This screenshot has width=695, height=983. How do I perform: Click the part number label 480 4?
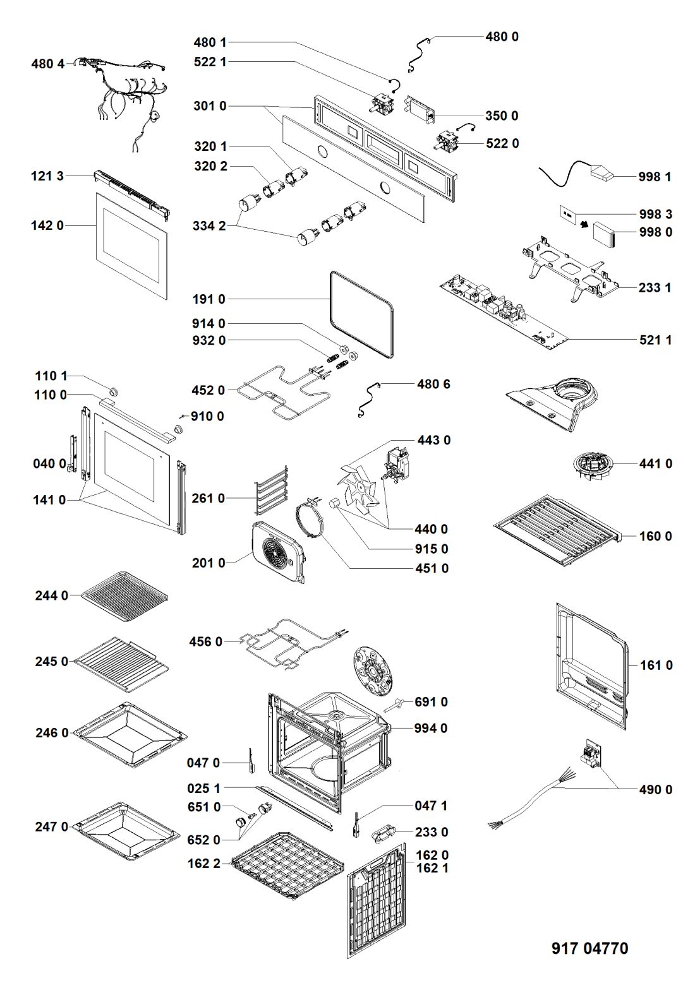pos(48,64)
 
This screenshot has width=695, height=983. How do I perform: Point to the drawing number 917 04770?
pos(589,948)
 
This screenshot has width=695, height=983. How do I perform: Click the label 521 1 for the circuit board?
pos(655,340)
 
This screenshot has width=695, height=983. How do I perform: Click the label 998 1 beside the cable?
pos(655,177)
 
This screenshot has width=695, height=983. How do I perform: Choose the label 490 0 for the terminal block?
pos(655,790)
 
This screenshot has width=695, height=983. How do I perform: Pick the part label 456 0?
pos(206,642)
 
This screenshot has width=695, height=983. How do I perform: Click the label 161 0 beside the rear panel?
pos(656,665)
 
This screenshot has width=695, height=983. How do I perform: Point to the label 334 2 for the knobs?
pos(209,226)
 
